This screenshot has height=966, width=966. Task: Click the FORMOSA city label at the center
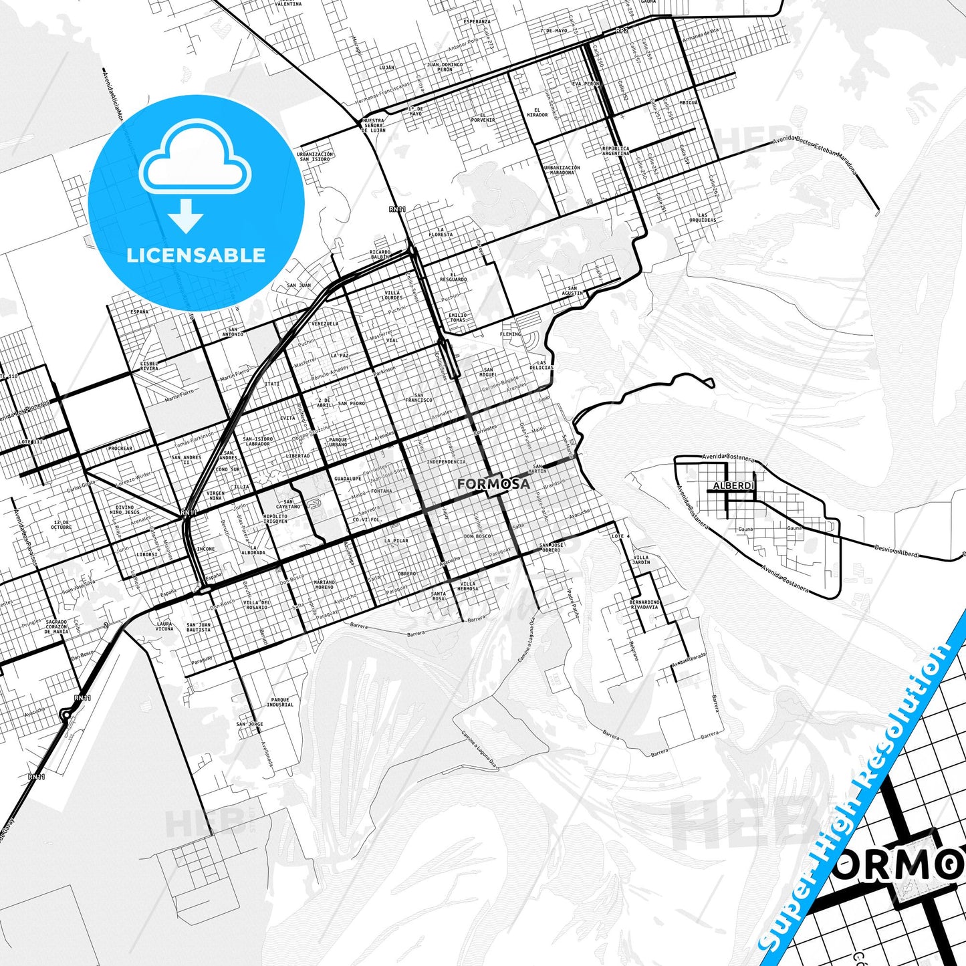pyautogui.click(x=493, y=483)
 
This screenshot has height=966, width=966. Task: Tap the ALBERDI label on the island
pyautogui.click(x=733, y=485)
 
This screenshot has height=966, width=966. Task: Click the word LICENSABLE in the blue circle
pyautogui.click(x=196, y=255)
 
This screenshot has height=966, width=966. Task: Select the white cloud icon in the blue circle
pyautogui.click(x=195, y=159)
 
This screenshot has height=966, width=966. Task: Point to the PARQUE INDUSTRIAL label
pyautogui.click(x=279, y=702)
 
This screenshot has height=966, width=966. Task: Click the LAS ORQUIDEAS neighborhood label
pyautogui.click(x=702, y=218)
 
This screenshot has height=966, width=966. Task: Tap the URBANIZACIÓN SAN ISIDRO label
pyautogui.click(x=315, y=156)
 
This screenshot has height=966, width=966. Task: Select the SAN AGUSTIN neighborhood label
pyautogui.click(x=572, y=291)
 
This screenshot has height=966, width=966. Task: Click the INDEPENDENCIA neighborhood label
pyautogui.click(x=446, y=462)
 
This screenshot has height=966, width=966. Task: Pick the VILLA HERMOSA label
pyautogui.click(x=468, y=586)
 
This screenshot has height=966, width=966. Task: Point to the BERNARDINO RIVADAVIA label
pyautogui.click(x=644, y=604)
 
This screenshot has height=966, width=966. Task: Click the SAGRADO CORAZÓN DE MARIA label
pyautogui.click(x=56, y=626)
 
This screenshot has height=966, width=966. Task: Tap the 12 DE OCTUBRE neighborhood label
pyautogui.click(x=61, y=525)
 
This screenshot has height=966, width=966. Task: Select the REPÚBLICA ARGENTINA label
pyautogui.click(x=615, y=150)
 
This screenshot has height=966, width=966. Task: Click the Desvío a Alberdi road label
pyautogui.click(x=896, y=551)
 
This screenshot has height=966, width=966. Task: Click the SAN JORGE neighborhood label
pyautogui.click(x=249, y=724)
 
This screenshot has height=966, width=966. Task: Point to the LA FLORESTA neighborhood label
pyautogui.click(x=441, y=233)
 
